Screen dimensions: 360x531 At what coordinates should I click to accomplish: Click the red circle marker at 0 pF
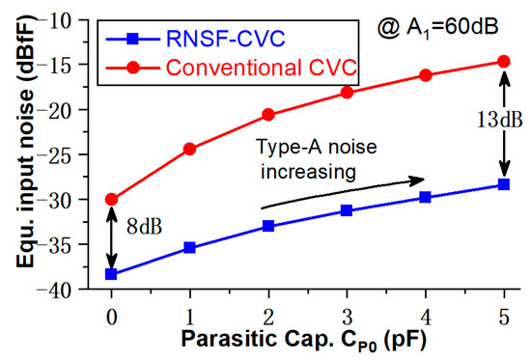coord(112,199)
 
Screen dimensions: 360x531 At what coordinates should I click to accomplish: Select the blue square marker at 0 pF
coord(112,274)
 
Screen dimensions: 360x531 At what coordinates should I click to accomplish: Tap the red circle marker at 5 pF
coord(504,61)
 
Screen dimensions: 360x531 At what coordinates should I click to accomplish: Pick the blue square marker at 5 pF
coord(504,184)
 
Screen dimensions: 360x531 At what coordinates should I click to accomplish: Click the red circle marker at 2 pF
coord(268,115)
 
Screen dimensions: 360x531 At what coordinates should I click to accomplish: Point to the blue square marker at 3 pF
coord(347,210)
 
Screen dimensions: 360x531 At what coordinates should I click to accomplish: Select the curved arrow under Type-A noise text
coord(343,192)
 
